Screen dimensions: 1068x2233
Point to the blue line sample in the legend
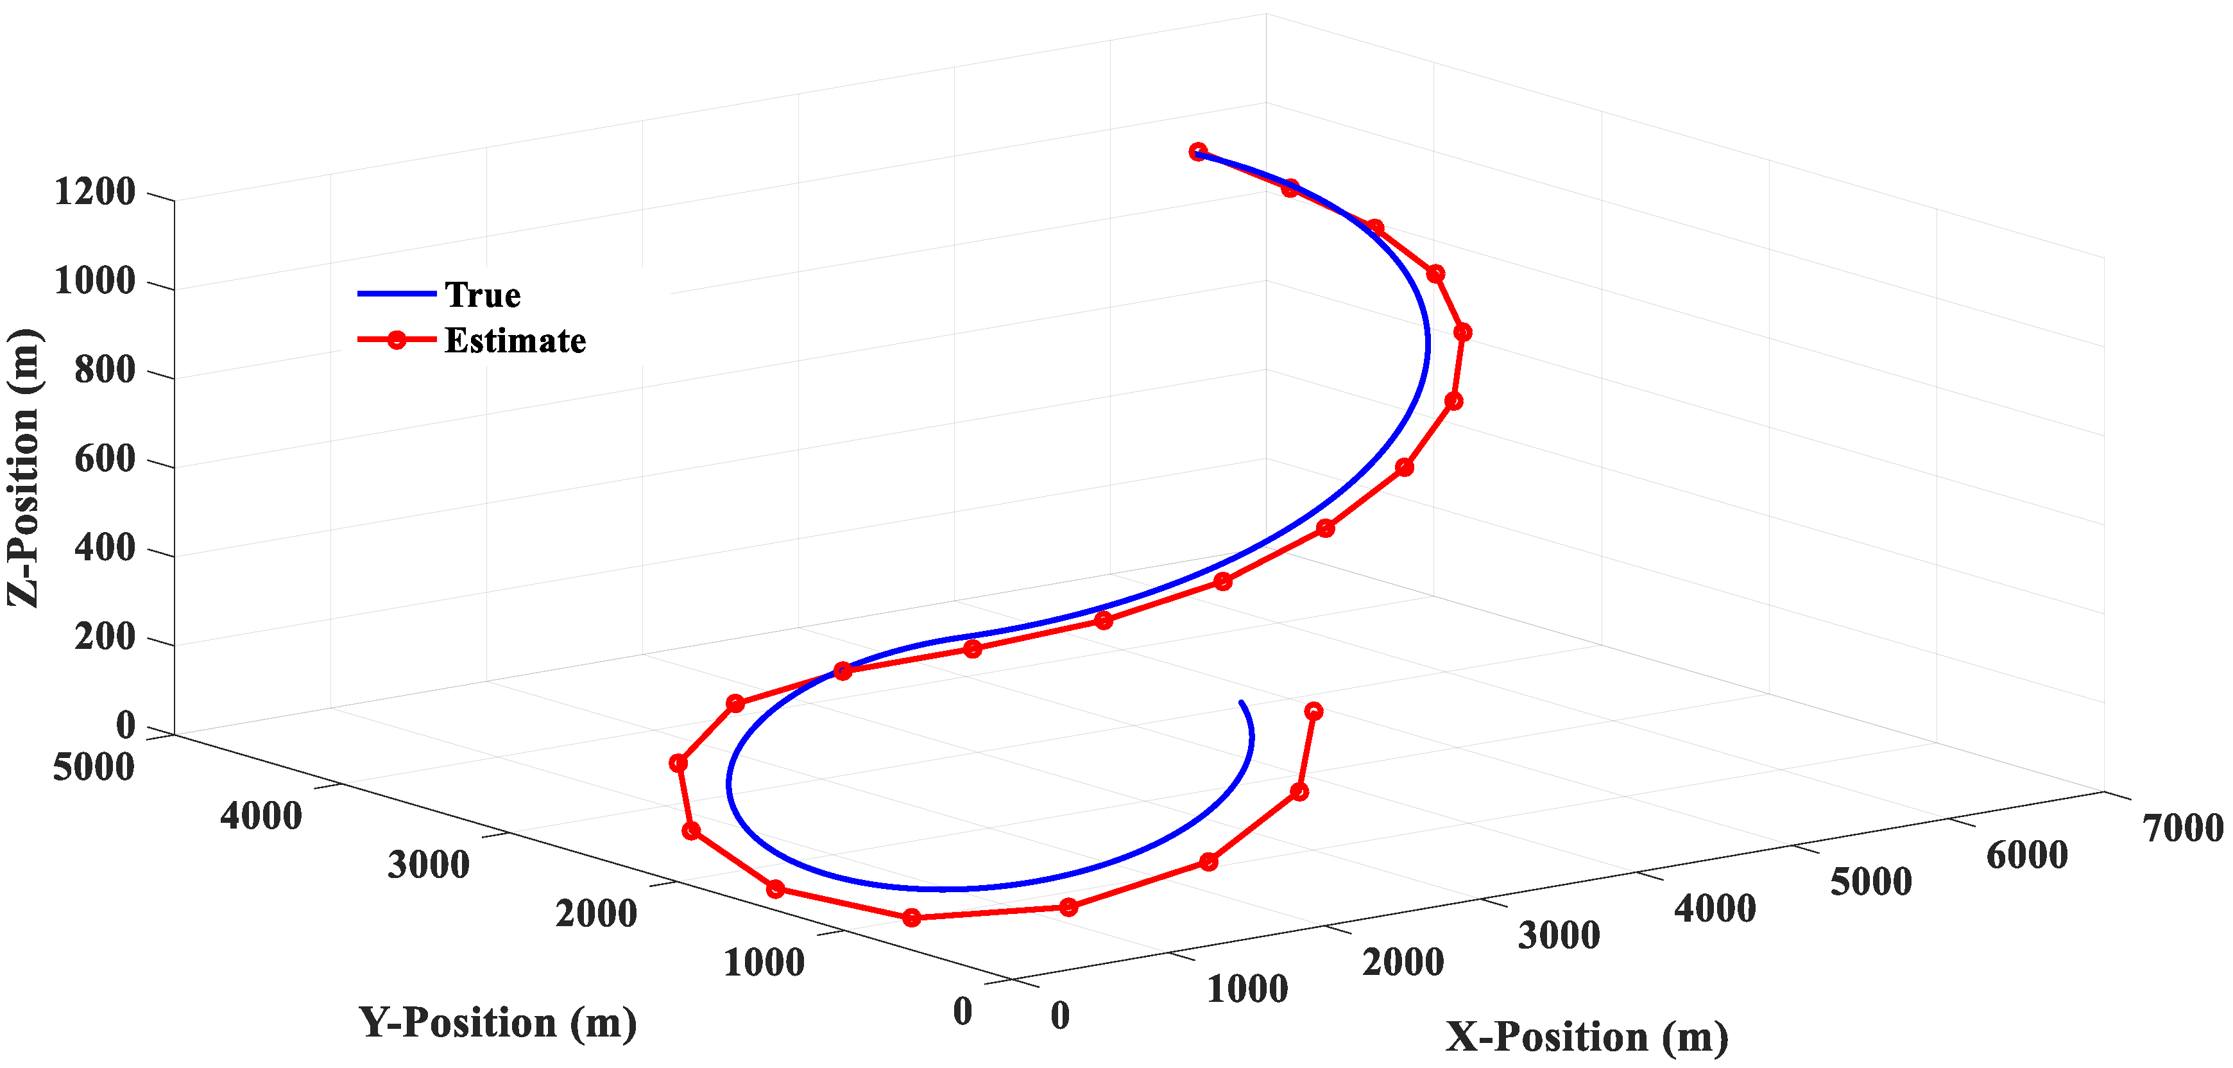pos(396,294)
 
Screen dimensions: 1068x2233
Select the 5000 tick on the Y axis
pos(94,767)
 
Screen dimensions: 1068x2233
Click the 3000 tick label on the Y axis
pos(428,865)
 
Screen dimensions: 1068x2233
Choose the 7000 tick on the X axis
pos(2183,829)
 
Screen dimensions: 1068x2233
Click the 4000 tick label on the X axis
pos(1715,908)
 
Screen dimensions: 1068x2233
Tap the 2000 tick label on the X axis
pos(1403,962)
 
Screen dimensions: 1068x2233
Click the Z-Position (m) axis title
pos(24,468)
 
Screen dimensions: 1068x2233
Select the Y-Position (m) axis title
pos(497,1023)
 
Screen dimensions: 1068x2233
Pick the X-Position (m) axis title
pos(1586,1037)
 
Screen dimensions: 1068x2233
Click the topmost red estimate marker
pos(1198,151)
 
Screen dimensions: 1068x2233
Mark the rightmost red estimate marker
pos(1462,332)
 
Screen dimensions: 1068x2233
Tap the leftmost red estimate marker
pos(678,764)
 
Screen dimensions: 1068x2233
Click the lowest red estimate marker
pos(911,918)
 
